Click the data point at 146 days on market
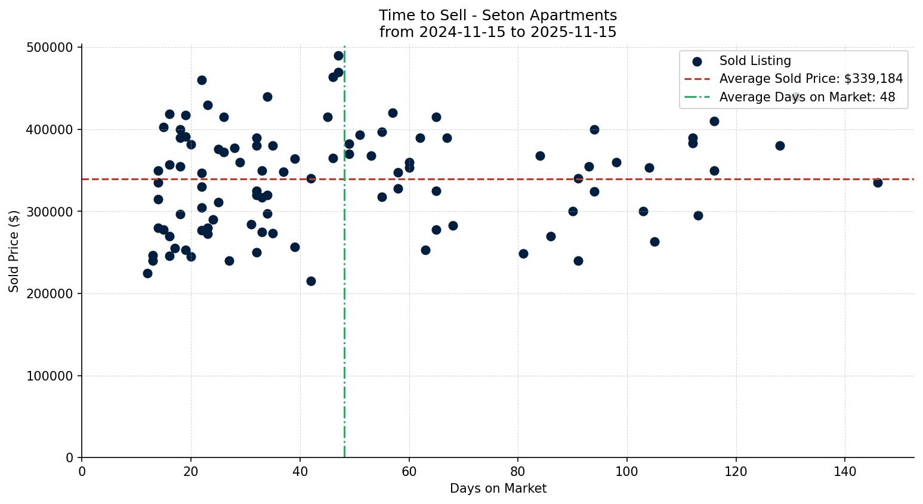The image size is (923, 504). tap(877, 183)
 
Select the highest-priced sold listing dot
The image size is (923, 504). tap(338, 55)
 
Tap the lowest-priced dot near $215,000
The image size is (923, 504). tap(311, 281)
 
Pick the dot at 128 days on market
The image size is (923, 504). tap(779, 146)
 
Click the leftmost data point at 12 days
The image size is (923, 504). tap(147, 273)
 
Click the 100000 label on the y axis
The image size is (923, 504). tap(50, 376)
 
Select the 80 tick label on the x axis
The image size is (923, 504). tap(518, 471)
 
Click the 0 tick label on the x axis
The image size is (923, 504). tap(82, 471)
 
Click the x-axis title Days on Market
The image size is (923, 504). tap(498, 488)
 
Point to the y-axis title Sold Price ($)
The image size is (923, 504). tap(14, 251)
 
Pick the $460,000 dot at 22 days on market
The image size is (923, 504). tap(202, 80)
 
